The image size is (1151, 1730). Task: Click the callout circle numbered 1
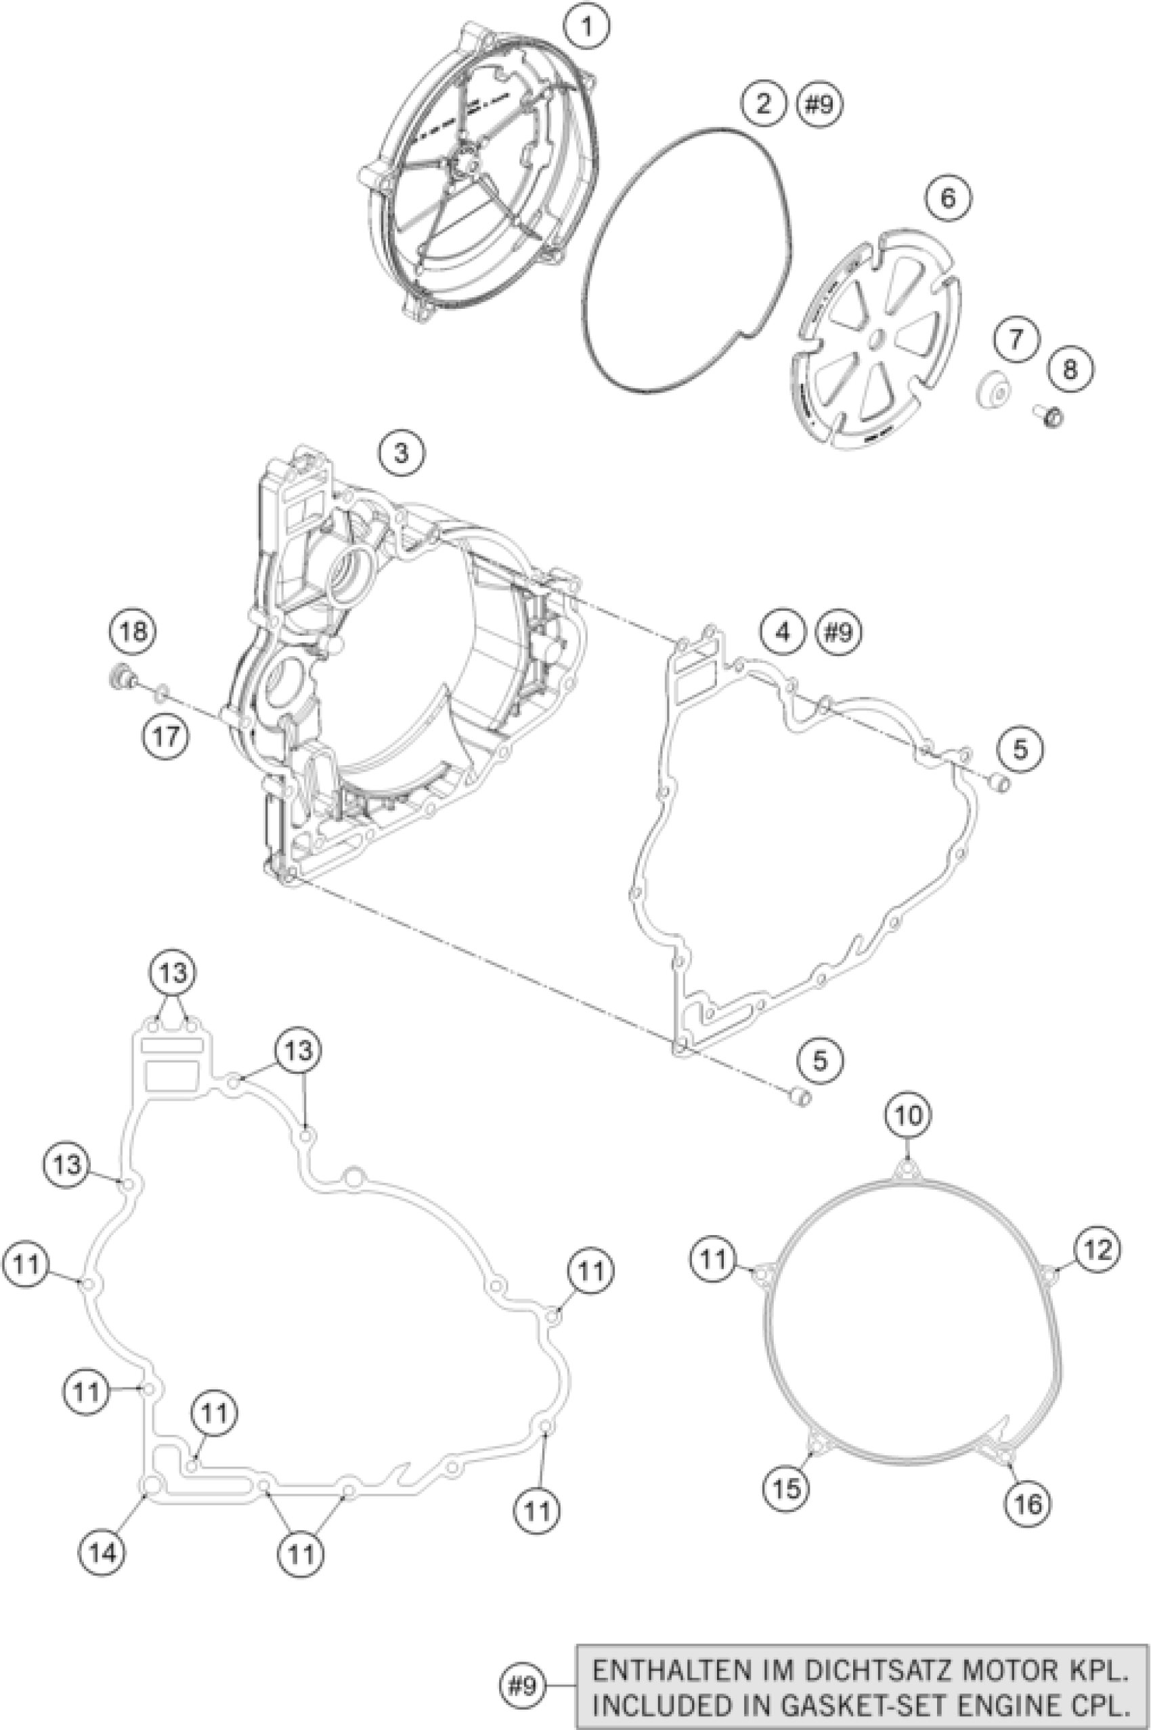pyautogui.click(x=586, y=27)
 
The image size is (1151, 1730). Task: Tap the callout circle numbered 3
pyautogui.click(x=401, y=453)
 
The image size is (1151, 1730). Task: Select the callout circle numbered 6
pyautogui.click(x=948, y=198)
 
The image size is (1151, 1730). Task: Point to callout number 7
pyautogui.click(x=1017, y=339)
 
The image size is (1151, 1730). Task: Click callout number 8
pyautogui.click(x=1070, y=368)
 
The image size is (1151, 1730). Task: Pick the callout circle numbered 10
pyautogui.click(x=908, y=1136)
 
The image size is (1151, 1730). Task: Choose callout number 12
pyautogui.click(x=1098, y=1249)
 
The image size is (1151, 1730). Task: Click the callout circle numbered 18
pyautogui.click(x=133, y=630)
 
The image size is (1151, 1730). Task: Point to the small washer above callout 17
pyautogui.click(x=162, y=691)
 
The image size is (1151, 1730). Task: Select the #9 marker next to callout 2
pyautogui.click(x=820, y=105)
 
